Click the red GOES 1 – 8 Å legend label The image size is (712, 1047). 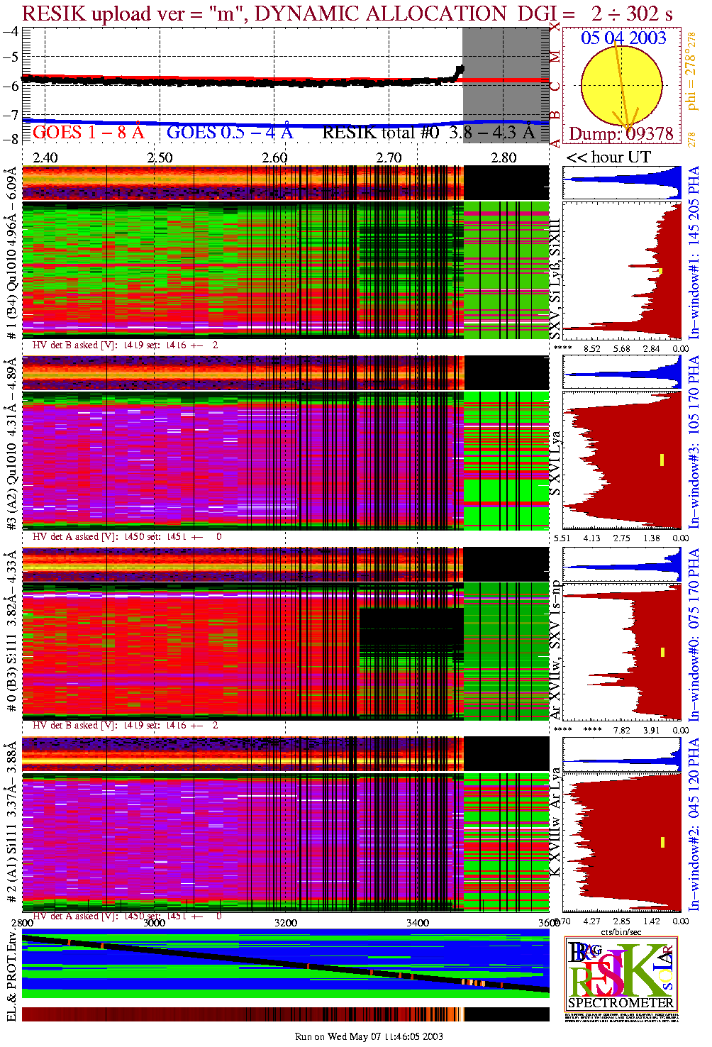pyautogui.click(x=88, y=132)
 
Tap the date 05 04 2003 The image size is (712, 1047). pyautogui.click(x=623, y=38)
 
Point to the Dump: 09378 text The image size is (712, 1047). pyautogui.click(x=621, y=134)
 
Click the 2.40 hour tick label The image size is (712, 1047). pyautogui.click(x=45, y=157)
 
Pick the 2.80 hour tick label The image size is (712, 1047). pyautogui.click(x=504, y=157)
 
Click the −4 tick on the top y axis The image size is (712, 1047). pyautogui.click(x=11, y=32)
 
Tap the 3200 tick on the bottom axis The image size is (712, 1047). pyautogui.click(x=286, y=923)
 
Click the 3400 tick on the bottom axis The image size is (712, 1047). pyautogui.click(x=418, y=923)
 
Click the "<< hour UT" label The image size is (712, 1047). pyautogui.click(x=608, y=157)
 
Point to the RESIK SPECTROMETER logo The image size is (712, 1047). pyautogui.click(x=621, y=973)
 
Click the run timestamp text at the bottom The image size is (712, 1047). pyautogui.click(x=369, y=1036)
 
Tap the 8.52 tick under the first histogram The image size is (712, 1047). pyautogui.click(x=591, y=348)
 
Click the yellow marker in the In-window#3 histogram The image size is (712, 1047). pyautogui.click(x=662, y=460)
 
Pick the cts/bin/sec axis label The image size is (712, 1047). pyautogui.click(x=621, y=931)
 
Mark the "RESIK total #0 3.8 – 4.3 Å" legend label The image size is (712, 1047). pyautogui.click(x=428, y=132)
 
